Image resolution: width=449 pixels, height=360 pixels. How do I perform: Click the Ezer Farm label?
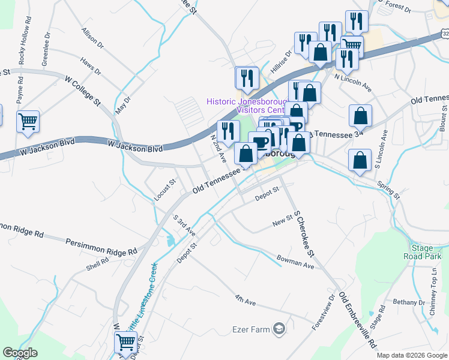pyautogui.click(x=251, y=329)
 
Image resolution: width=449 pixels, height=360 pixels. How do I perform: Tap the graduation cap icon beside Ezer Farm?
pyautogui.click(x=279, y=328)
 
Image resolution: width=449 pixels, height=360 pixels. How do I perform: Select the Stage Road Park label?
pyautogui.click(x=427, y=252)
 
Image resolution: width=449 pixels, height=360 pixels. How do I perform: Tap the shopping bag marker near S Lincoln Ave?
pyautogui.click(x=360, y=115)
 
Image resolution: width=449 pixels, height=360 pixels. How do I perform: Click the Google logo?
pyautogui.click(x=20, y=353)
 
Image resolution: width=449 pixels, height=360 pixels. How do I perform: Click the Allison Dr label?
pyautogui.click(x=93, y=38)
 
